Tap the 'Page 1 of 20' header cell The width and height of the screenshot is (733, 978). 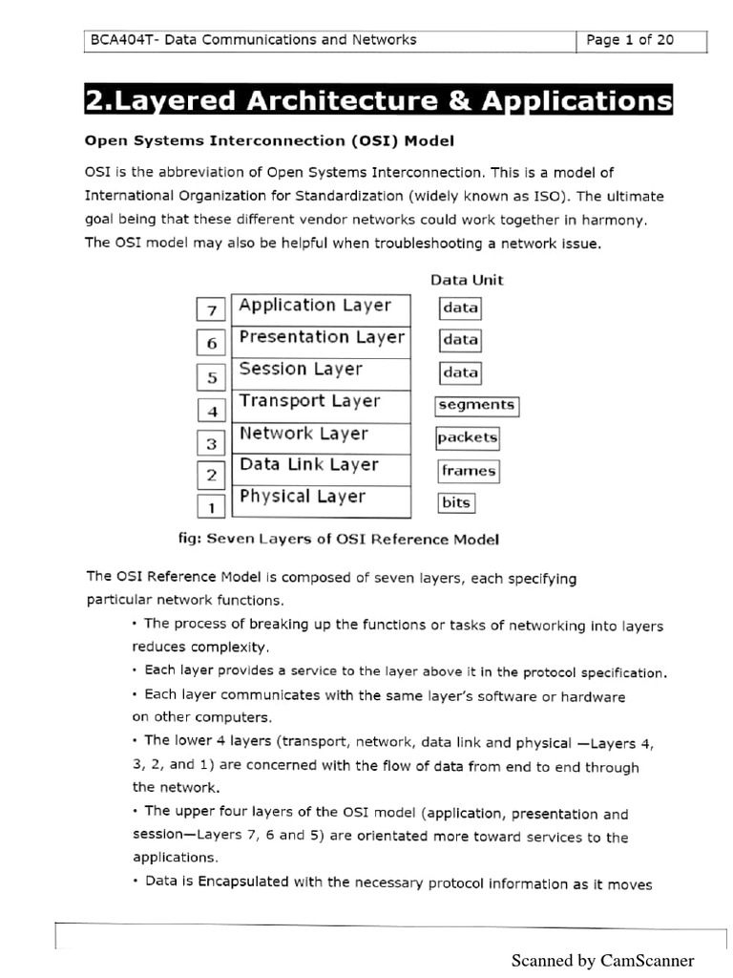[631, 40]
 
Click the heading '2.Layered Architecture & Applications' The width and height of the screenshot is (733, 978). [378, 101]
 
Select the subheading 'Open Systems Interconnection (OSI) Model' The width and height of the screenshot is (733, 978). [269, 140]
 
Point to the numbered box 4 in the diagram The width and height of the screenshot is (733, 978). [212, 412]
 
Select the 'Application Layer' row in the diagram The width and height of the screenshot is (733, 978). [321, 307]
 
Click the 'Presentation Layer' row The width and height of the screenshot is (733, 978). [321, 338]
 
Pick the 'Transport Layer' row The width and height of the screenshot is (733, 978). [321, 402]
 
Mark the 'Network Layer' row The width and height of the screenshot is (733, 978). [321, 435]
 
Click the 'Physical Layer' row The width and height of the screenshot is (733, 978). [321, 498]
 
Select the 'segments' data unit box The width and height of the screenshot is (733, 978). [476, 405]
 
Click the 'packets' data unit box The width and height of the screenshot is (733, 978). [468, 438]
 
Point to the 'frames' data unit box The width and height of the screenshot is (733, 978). [469, 471]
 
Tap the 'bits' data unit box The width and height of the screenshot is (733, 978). [456, 502]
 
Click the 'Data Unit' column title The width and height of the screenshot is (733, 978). [467, 280]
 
